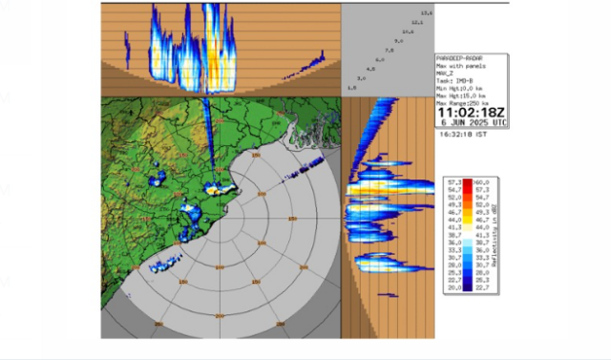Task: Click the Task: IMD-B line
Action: [453, 77]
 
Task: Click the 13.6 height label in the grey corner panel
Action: [426, 13]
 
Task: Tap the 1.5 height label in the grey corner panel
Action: [351, 88]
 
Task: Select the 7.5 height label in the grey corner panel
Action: [389, 51]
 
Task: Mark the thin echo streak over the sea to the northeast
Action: [300, 171]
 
